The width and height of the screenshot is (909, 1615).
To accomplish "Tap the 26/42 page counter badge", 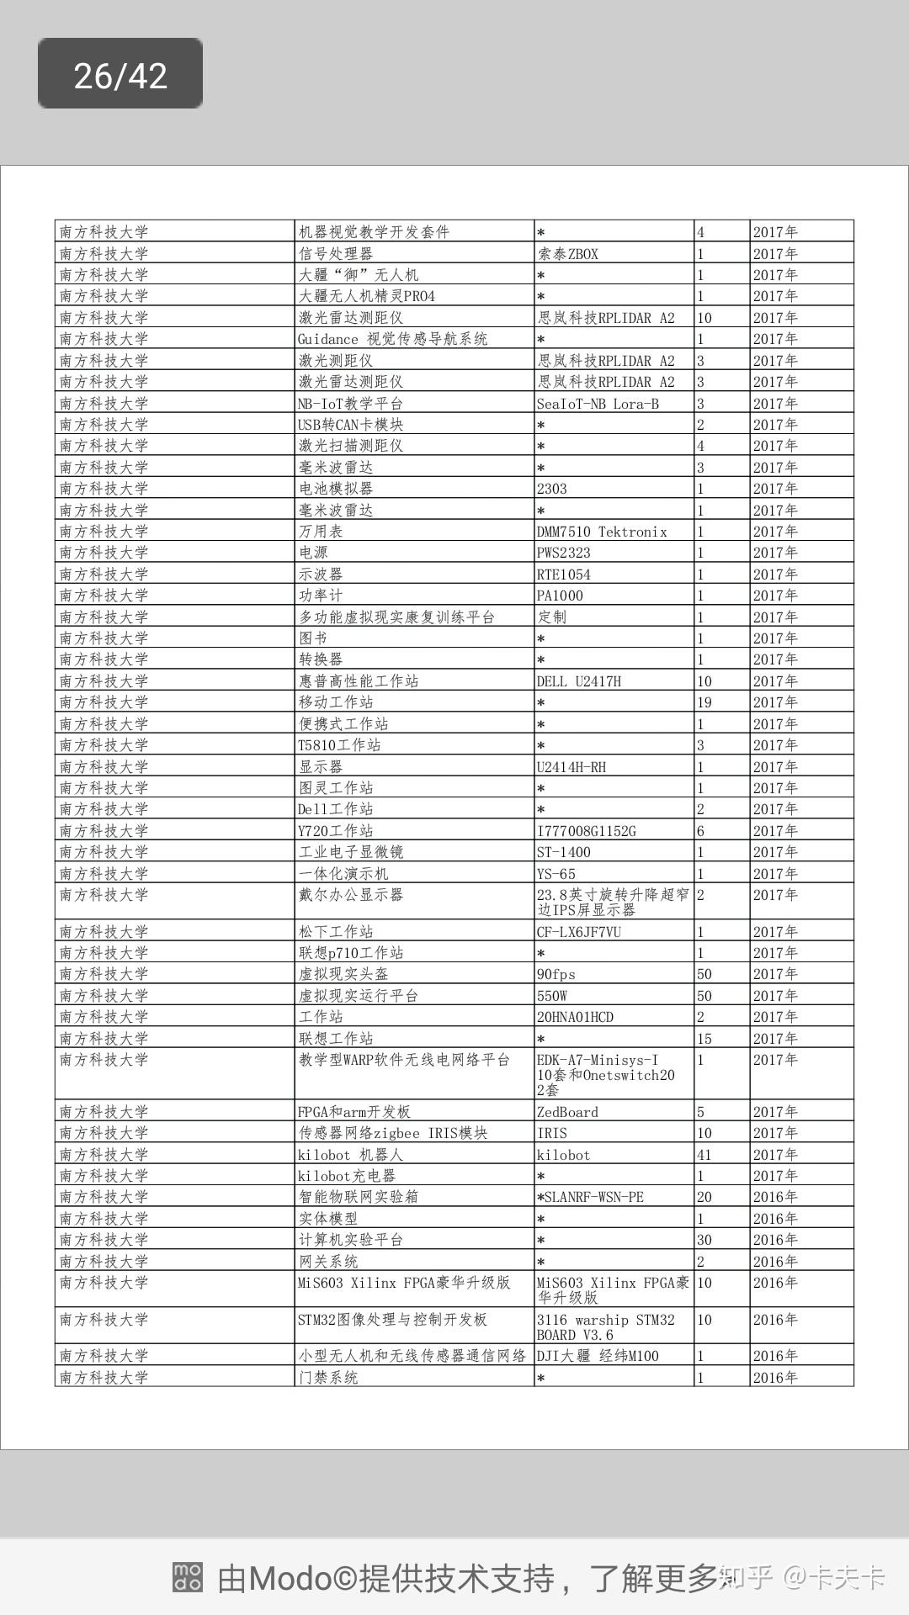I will click(x=120, y=74).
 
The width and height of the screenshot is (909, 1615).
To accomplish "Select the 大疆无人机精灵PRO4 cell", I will click(x=367, y=296).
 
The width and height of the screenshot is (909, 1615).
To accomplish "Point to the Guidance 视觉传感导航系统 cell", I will click(x=392, y=339).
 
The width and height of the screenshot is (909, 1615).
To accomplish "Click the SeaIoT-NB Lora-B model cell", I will click(x=598, y=404).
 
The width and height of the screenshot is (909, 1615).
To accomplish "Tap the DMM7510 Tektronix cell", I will click(x=602, y=532).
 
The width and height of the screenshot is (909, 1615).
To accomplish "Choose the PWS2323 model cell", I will click(x=564, y=553).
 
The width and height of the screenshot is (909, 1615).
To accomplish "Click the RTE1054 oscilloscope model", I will click(x=564, y=575).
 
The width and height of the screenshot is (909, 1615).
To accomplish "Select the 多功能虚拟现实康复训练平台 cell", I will click(x=396, y=617).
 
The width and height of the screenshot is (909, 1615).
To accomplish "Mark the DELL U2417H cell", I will click(x=579, y=681).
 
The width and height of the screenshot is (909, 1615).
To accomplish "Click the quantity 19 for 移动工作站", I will click(x=704, y=702).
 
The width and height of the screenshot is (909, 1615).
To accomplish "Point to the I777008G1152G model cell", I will click(x=587, y=831).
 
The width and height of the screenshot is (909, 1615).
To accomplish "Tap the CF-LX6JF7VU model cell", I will click(x=579, y=932).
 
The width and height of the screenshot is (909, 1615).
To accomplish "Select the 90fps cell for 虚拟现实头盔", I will click(x=556, y=974).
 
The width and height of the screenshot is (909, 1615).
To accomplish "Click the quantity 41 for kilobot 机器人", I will click(x=704, y=1155).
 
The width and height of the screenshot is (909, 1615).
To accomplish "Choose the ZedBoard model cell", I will click(x=568, y=1112).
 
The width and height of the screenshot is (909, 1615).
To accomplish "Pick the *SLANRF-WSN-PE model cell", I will click(x=590, y=1197).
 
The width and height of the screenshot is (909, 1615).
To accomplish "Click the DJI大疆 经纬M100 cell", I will click(x=598, y=1356).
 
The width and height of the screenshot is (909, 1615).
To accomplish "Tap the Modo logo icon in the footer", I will click(x=188, y=1577).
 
